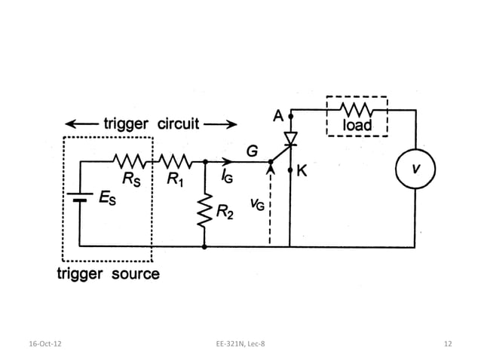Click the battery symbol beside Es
point(78,197)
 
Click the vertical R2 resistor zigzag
point(204,213)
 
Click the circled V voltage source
point(415,169)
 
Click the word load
point(357,125)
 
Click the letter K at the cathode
point(302,172)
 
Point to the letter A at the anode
point(278,117)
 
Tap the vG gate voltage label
point(256,206)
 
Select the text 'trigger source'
point(109,273)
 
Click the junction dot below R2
point(204,246)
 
